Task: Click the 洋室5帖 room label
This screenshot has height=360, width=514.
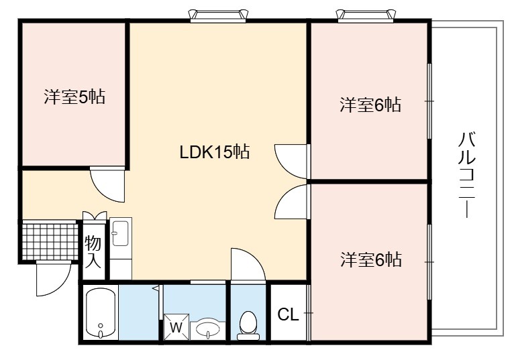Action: [x=74, y=97]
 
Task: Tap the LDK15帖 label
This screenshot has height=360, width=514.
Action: [x=215, y=152]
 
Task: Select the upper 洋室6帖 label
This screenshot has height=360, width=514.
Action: [x=370, y=105]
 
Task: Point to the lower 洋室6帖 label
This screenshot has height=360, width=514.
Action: [x=371, y=259]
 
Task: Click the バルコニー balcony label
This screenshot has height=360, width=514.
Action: [x=466, y=174]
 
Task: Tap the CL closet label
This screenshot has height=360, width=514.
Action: [x=288, y=315]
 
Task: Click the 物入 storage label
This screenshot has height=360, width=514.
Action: [x=93, y=252]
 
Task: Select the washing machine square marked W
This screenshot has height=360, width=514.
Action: [x=176, y=327]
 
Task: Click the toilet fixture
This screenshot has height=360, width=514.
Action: [x=248, y=326]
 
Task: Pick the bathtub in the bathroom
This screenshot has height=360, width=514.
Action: [x=100, y=314]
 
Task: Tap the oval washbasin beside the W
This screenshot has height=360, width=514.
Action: [x=208, y=328]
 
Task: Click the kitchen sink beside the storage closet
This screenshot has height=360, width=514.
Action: [x=121, y=233]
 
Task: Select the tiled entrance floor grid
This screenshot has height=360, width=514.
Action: [x=50, y=241]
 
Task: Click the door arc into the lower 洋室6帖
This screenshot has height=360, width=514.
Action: [x=285, y=196]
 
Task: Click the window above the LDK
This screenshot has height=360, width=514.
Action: [x=218, y=15]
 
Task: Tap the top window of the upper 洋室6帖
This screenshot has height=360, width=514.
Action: [x=366, y=15]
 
